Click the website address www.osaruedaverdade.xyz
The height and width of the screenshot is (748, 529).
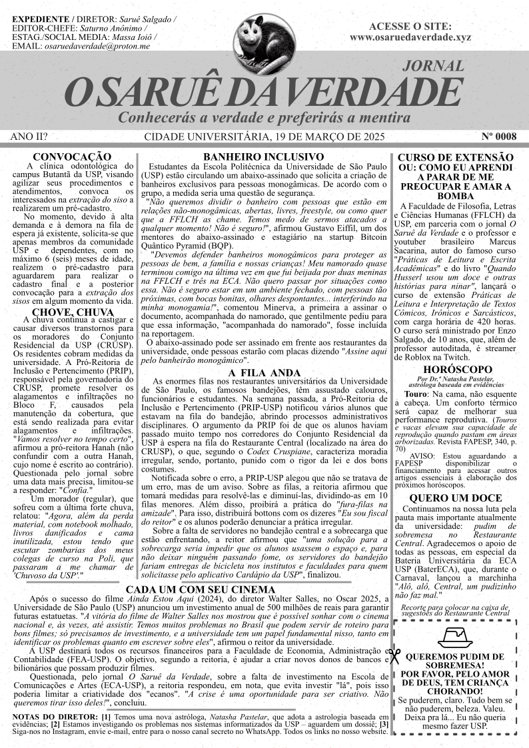[410, 37]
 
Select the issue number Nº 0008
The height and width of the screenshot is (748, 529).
[498, 137]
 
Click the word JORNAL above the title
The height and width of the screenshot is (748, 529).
[433, 66]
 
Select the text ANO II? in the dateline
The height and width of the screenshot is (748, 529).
[30, 137]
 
